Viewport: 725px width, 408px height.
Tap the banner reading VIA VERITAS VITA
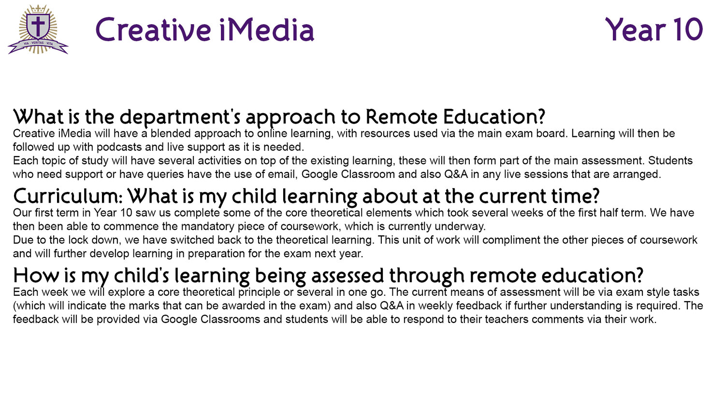coord(38,46)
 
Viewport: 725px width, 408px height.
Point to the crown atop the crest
coord(38,9)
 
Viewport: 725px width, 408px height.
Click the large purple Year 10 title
coord(654,29)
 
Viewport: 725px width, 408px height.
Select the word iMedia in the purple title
coord(267,29)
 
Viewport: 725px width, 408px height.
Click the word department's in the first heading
coord(180,117)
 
